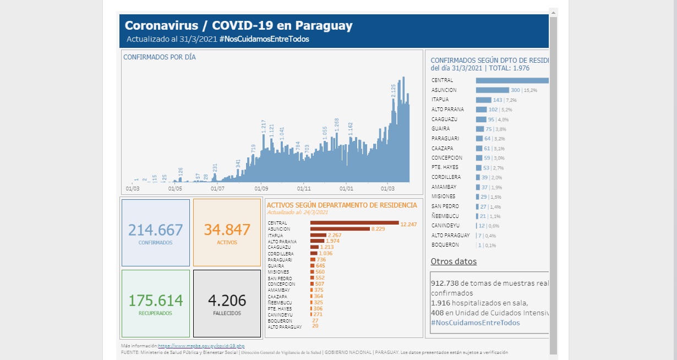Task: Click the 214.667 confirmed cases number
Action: point(155,230)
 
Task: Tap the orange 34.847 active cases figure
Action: point(227,230)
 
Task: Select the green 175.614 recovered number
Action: point(155,301)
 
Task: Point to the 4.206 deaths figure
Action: point(227,301)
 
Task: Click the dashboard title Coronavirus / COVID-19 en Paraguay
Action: point(238,25)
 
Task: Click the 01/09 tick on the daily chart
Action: point(261,188)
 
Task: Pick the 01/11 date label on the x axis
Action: point(304,188)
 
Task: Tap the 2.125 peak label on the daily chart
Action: point(394,91)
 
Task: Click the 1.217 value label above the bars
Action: point(264,126)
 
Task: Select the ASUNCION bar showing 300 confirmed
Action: point(492,90)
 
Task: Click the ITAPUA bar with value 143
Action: point(483,100)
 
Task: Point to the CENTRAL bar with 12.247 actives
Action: point(354,222)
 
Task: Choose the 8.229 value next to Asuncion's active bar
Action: point(378,229)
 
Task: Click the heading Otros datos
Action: point(454,261)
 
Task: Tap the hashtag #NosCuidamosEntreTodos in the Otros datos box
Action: point(475,323)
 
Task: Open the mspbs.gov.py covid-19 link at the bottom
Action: point(201,346)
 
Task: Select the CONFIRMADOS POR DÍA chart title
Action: point(159,57)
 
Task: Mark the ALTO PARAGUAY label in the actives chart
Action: point(285,327)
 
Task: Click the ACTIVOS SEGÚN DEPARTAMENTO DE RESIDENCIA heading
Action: point(341,205)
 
